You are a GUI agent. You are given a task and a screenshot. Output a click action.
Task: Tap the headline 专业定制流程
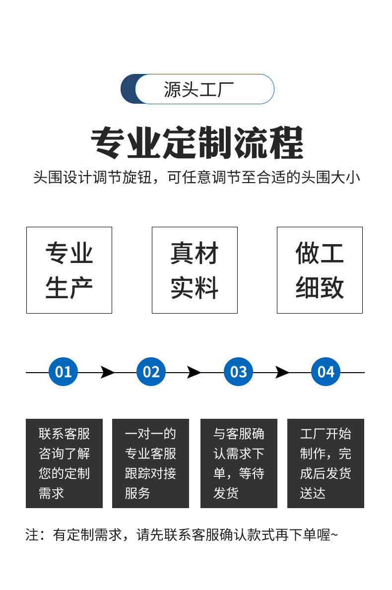197,143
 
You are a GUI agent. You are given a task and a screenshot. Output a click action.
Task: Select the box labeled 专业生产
69,270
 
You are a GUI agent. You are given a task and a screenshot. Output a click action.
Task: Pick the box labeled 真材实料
195,270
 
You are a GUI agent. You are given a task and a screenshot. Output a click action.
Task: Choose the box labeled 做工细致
320,270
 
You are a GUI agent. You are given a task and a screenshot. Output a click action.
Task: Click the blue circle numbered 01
64,372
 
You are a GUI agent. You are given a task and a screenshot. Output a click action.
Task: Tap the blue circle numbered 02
151,372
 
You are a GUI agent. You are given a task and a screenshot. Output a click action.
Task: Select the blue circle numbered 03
239,372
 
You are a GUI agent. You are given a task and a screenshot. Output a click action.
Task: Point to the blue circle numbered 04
326,372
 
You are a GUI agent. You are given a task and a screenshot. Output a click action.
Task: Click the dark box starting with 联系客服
64,463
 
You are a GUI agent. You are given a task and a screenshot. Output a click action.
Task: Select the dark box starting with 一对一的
150,463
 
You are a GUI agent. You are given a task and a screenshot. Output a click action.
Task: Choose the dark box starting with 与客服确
239,463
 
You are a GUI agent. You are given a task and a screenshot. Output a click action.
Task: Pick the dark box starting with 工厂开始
326,463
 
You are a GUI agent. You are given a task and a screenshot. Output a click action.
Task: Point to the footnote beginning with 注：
181,535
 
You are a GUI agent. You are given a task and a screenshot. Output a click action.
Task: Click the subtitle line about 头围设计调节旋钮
196,178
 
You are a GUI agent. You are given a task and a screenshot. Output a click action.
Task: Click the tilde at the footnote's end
334,535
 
